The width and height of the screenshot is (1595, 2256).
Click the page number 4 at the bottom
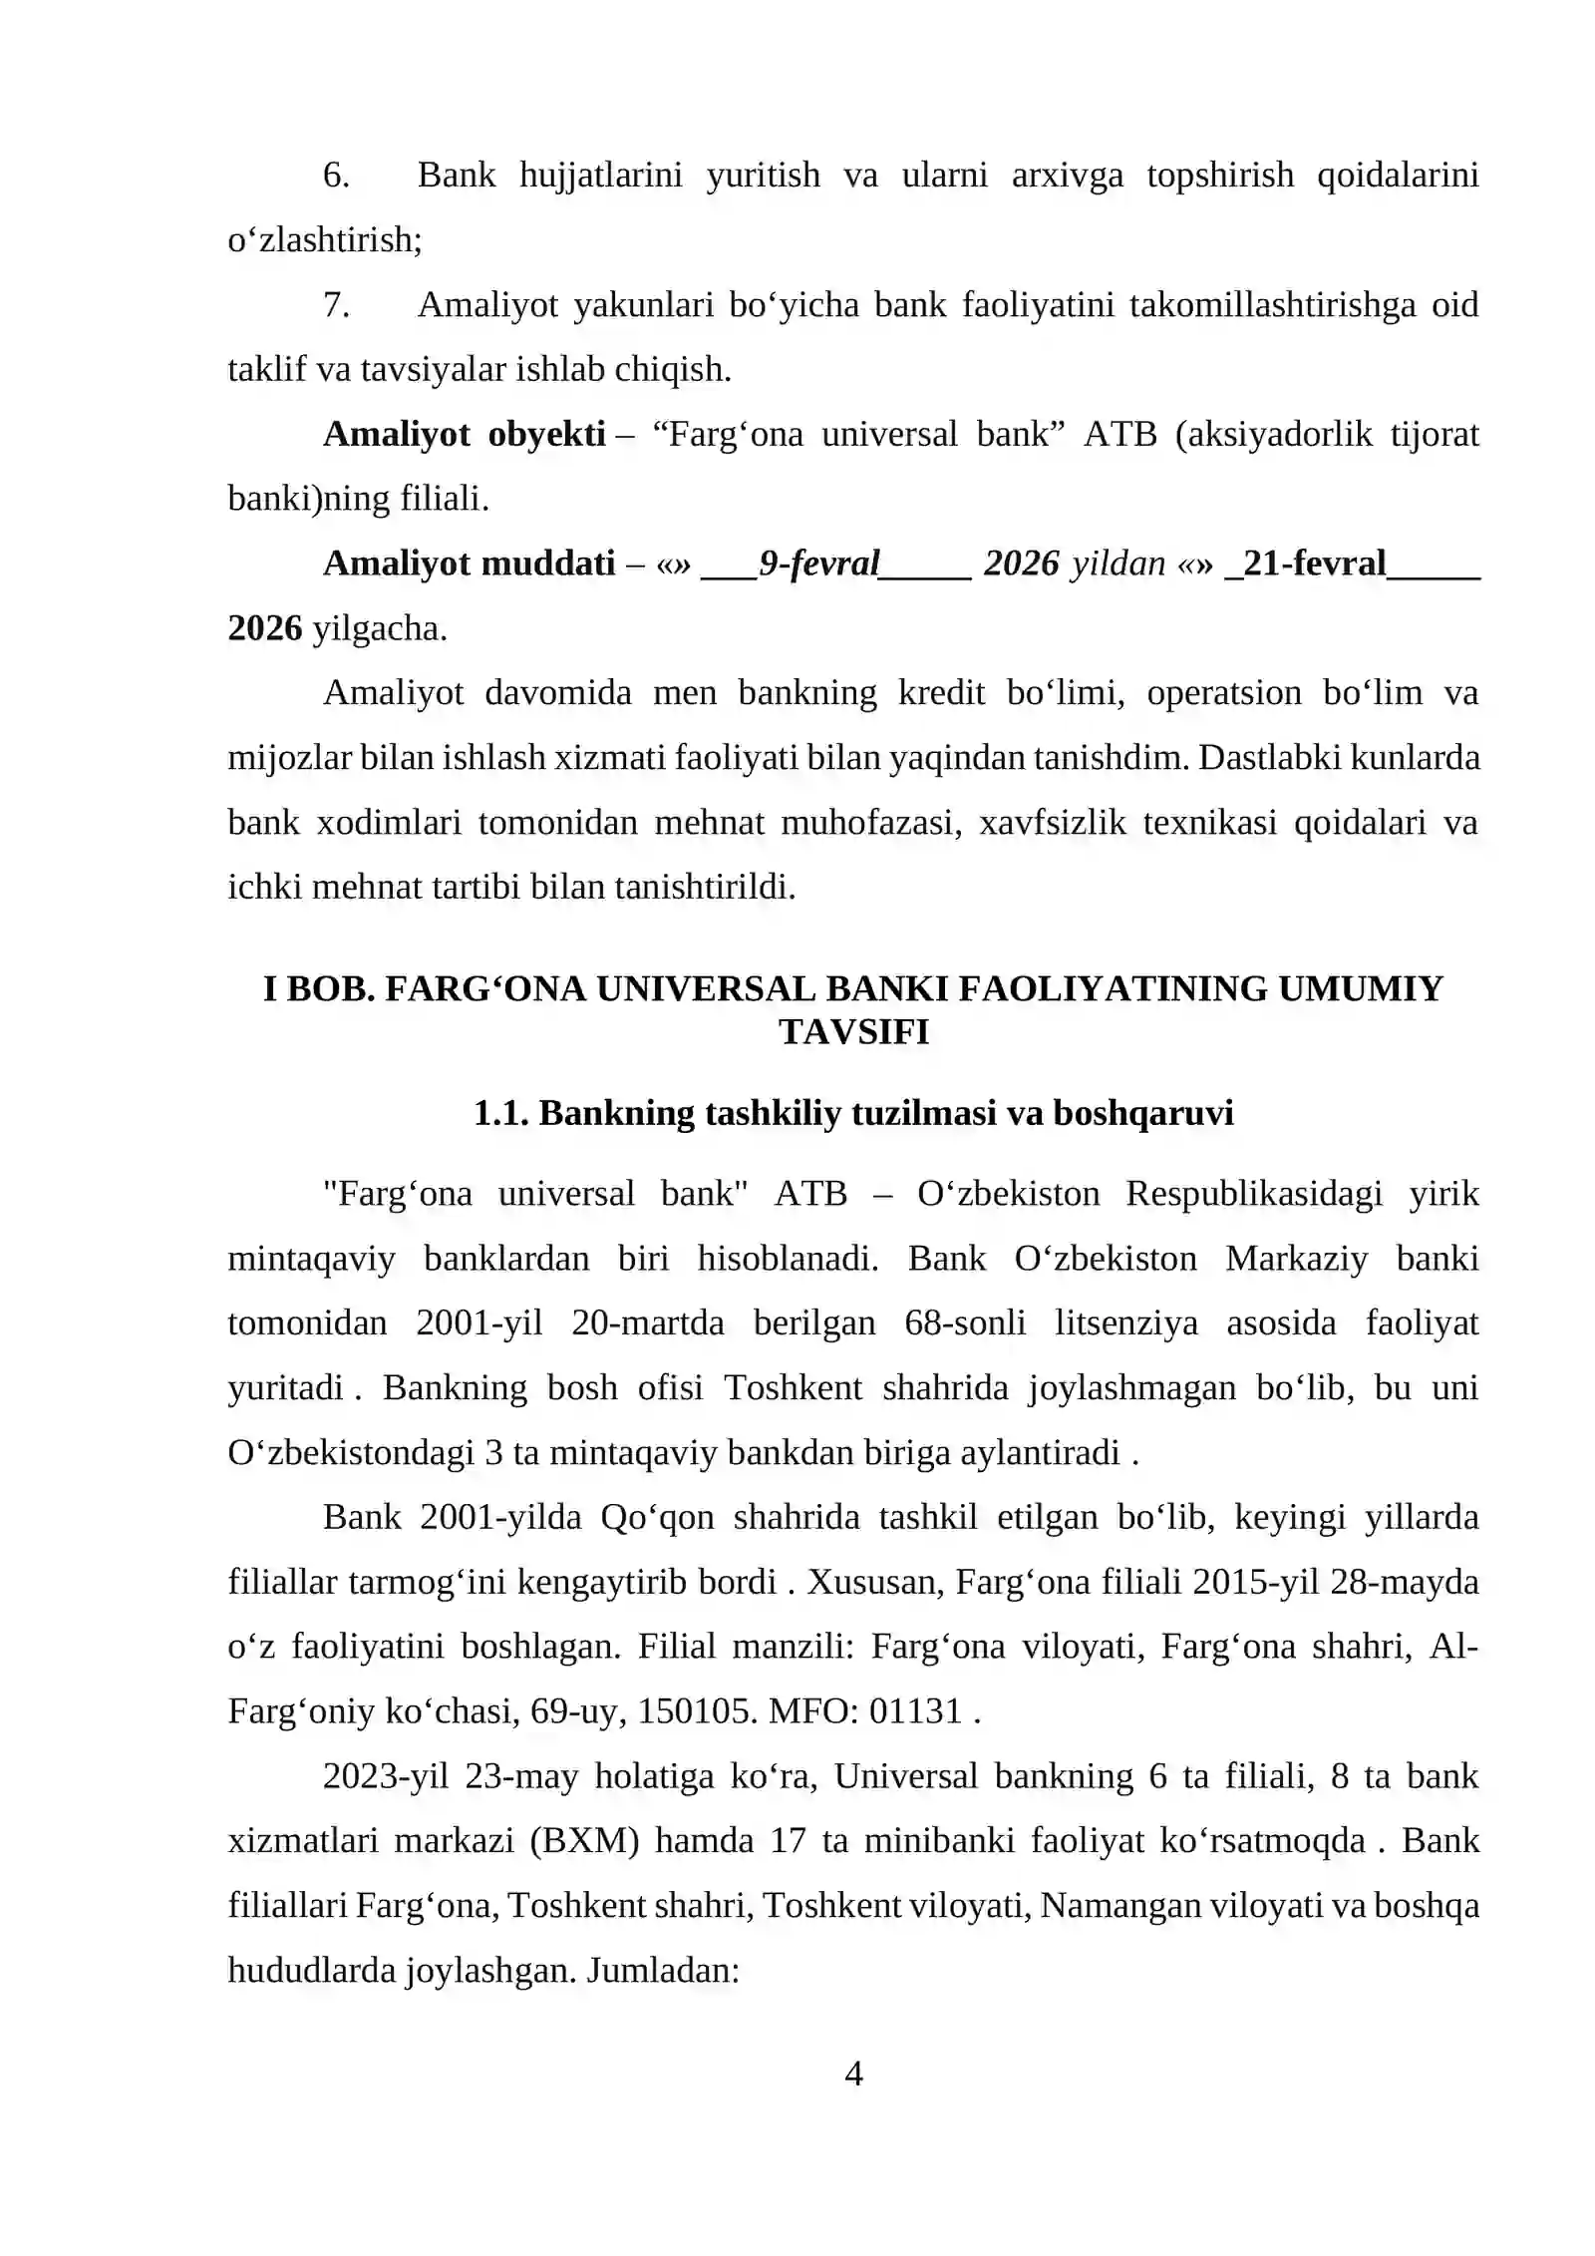coord(853,2073)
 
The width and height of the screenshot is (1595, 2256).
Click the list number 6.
coord(336,176)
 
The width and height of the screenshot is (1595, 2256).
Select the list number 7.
coord(336,305)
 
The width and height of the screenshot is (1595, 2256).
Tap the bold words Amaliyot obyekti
coord(464,435)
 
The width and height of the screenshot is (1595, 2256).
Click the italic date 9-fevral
coord(818,564)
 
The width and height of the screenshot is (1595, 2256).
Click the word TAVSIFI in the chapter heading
coord(853,1032)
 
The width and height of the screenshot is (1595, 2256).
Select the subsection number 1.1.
coord(500,1113)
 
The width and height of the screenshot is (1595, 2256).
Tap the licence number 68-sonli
coord(965,1323)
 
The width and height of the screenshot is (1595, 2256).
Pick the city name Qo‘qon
coord(657,1518)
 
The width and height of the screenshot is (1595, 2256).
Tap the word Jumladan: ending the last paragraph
coord(663,1971)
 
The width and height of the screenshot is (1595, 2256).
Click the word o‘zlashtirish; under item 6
coord(325,240)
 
